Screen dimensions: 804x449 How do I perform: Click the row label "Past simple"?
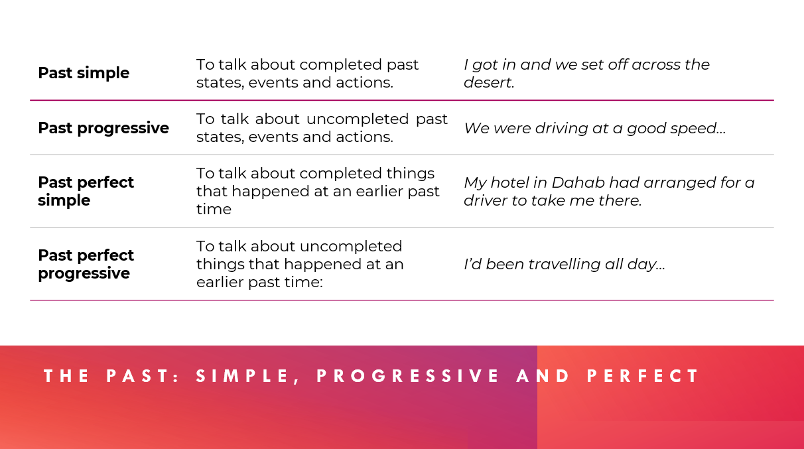(x=84, y=73)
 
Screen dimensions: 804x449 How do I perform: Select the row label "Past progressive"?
(x=103, y=129)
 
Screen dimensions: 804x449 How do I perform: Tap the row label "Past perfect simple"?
(x=86, y=191)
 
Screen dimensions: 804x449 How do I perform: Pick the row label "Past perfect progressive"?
(x=86, y=265)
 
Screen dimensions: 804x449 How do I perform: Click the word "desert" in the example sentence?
(x=488, y=82)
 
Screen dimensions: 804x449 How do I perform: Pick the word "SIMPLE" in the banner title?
(x=243, y=376)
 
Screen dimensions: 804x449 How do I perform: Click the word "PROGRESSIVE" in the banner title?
(x=408, y=376)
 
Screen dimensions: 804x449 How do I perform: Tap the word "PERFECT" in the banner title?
(x=643, y=376)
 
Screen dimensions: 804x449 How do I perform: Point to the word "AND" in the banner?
(x=543, y=376)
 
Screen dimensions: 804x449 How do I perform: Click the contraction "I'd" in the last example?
(x=472, y=265)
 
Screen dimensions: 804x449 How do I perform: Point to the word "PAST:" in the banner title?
(x=143, y=376)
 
